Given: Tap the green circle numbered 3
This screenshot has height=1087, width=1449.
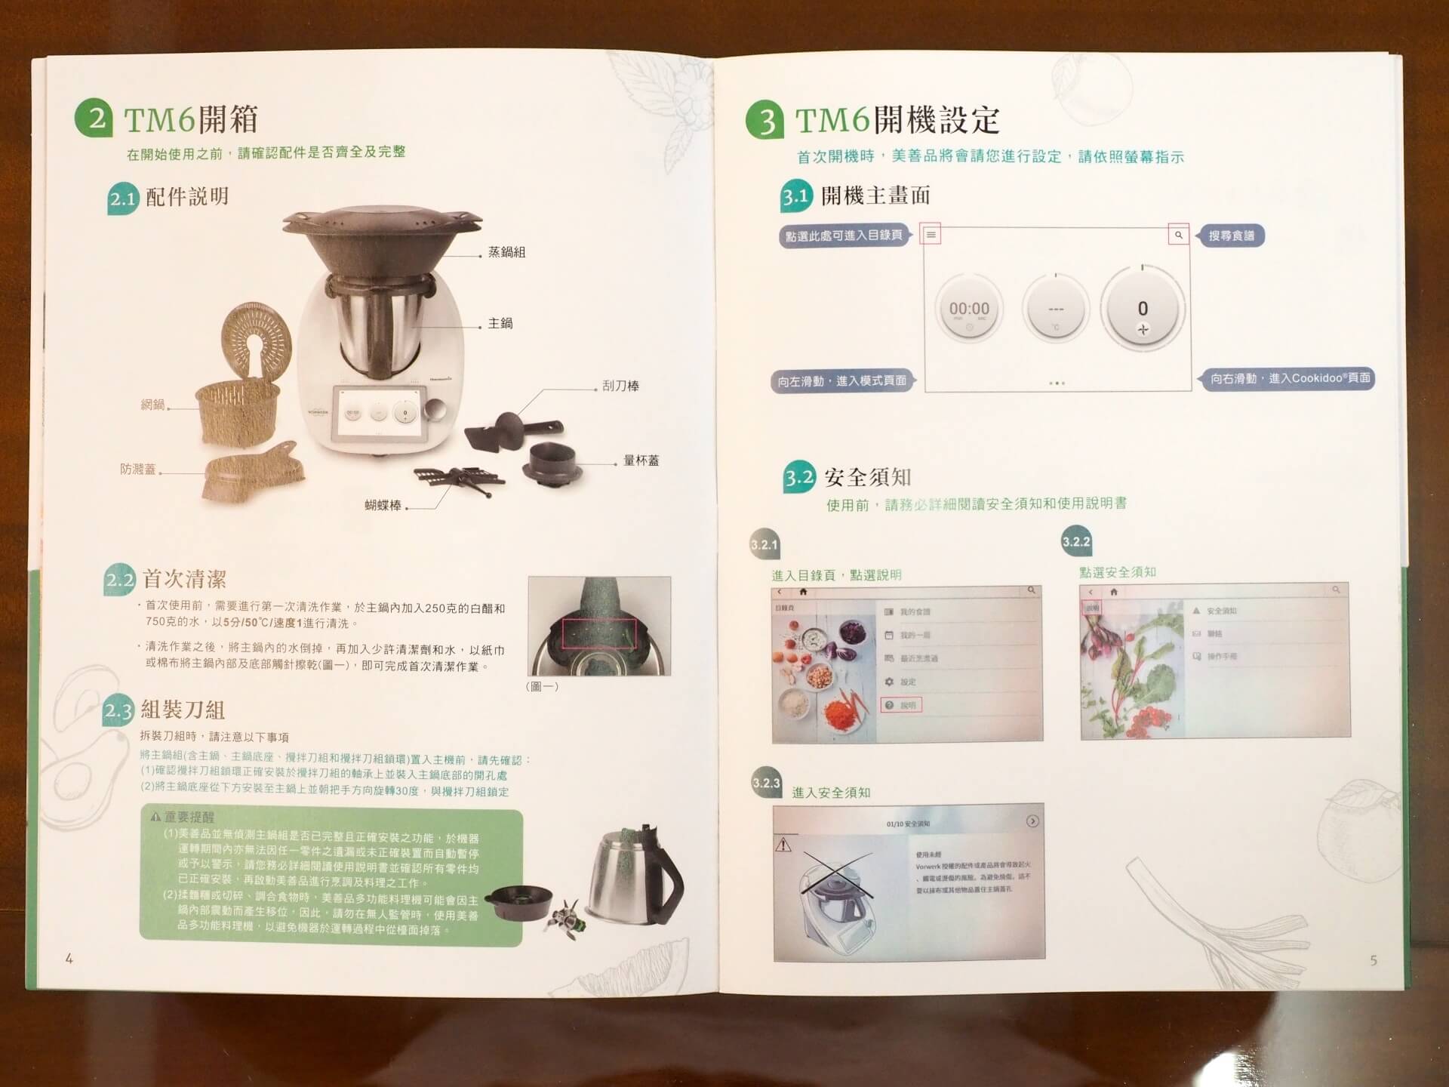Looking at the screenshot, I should pyautogui.click(x=765, y=121).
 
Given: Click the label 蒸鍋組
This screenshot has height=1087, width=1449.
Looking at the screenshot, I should pyautogui.click(x=506, y=252).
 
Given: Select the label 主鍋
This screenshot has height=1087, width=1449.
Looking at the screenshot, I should pyautogui.click(x=500, y=323).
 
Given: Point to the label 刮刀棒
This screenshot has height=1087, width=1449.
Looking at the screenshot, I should pyautogui.click(x=620, y=386).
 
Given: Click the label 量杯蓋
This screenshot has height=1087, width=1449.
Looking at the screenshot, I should pyautogui.click(x=641, y=460).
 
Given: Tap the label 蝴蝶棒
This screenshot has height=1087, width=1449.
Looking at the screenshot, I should pyautogui.click(x=383, y=505).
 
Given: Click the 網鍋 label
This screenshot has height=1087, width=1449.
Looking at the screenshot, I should pyautogui.click(x=152, y=405).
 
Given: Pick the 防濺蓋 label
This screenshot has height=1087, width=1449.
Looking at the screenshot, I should pyautogui.click(x=138, y=469).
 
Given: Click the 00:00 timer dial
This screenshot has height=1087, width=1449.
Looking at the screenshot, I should pyautogui.click(x=969, y=309).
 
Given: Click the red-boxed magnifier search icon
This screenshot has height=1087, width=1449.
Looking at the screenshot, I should pyautogui.click(x=1178, y=235).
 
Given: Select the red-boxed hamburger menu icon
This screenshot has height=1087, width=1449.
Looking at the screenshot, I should pyautogui.click(x=931, y=235).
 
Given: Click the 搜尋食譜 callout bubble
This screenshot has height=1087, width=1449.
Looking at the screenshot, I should pyautogui.click(x=1231, y=236).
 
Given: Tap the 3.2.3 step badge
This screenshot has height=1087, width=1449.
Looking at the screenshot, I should pyautogui.click(x=766, y=783).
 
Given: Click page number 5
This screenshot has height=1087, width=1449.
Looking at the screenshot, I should pyautogui.click(x=1373, y=960).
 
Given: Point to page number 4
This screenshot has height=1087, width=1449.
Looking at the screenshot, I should pyautogui.click(x=69, y=959).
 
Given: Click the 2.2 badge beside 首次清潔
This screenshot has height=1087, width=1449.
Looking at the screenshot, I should pyautogui.click(x=119, y=580).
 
